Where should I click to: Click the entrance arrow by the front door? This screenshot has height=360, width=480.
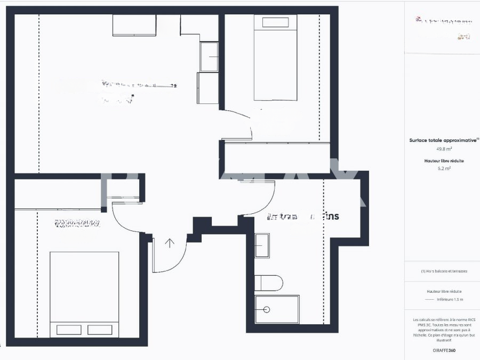tap(170, 243)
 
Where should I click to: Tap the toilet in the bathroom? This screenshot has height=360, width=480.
tap(268, 283)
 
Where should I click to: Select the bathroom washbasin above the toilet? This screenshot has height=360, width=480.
tap(262, 245)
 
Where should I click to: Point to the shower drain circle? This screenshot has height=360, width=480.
tap(267, 309)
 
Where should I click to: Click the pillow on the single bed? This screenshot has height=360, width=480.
tap(275, 22)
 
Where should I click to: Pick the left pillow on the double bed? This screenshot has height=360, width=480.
tap(69, 330)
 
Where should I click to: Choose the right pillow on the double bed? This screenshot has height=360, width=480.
tap(100, 330)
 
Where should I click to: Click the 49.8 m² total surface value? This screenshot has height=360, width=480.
tap(444, 149)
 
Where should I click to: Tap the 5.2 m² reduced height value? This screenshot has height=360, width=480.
tap(444, 168)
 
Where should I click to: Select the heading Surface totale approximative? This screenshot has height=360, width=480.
tap(443, 140)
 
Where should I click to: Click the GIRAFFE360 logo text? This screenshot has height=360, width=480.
tap(444, 350)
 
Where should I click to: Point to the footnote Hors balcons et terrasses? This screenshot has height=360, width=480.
tap(444, 271)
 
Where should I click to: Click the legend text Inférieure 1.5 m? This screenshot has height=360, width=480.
tap(450, 300)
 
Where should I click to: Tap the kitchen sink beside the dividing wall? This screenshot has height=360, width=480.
tap(209, 57)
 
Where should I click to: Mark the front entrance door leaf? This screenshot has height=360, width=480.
tap(153, 255)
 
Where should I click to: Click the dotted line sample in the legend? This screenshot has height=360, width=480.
tap(430, 300)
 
